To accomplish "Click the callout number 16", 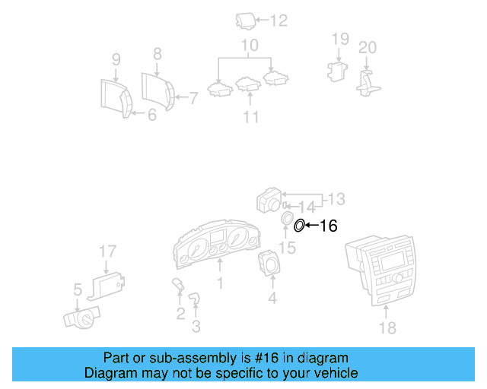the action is (x=328, y=225).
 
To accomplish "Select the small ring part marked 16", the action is (x=299, y=224).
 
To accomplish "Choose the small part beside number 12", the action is (x=246, y=21).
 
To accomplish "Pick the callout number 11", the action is (x=250, y=116).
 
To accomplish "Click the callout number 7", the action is (x=193, y=97).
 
